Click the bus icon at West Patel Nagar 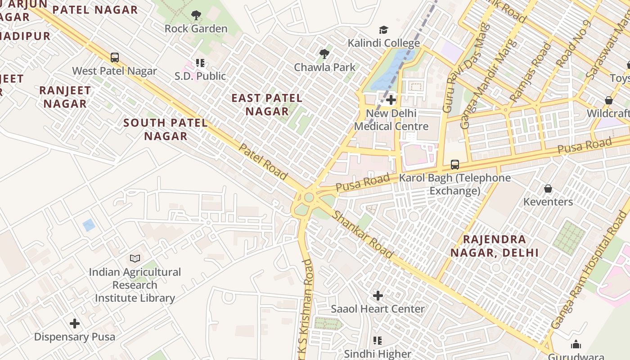coord(115,58)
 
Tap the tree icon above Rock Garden coord(196,16)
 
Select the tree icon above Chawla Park coord(324,54)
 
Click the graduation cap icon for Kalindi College coord(383,30)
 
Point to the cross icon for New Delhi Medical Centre coord(391,100)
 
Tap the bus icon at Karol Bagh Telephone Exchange coord(455,165)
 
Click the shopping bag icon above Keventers coord(548,189)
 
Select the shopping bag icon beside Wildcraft coord(609,100)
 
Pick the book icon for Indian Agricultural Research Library coord(135,258)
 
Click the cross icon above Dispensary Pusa coord(75,324)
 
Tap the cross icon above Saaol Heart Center coord(378,296)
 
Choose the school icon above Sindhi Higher coord(378,341)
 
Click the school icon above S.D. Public coord(200,63)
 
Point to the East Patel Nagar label coord(267,104)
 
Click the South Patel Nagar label coord(166,129)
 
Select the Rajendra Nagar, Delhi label coord(495,246)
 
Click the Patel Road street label coord(263,162)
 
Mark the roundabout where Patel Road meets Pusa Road coord(308,198)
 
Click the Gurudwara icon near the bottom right coord(576,345)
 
